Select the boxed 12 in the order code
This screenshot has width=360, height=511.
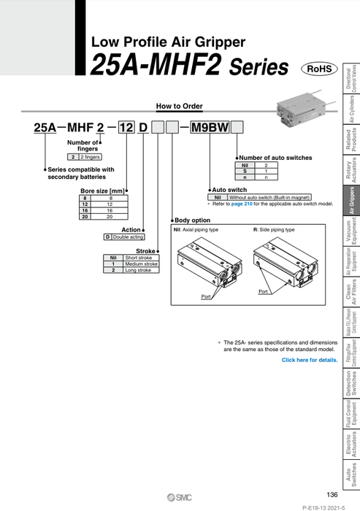coord(127,128)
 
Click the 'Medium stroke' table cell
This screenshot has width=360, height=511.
coord(141,264)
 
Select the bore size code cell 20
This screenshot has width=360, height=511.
coord(86,217)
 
